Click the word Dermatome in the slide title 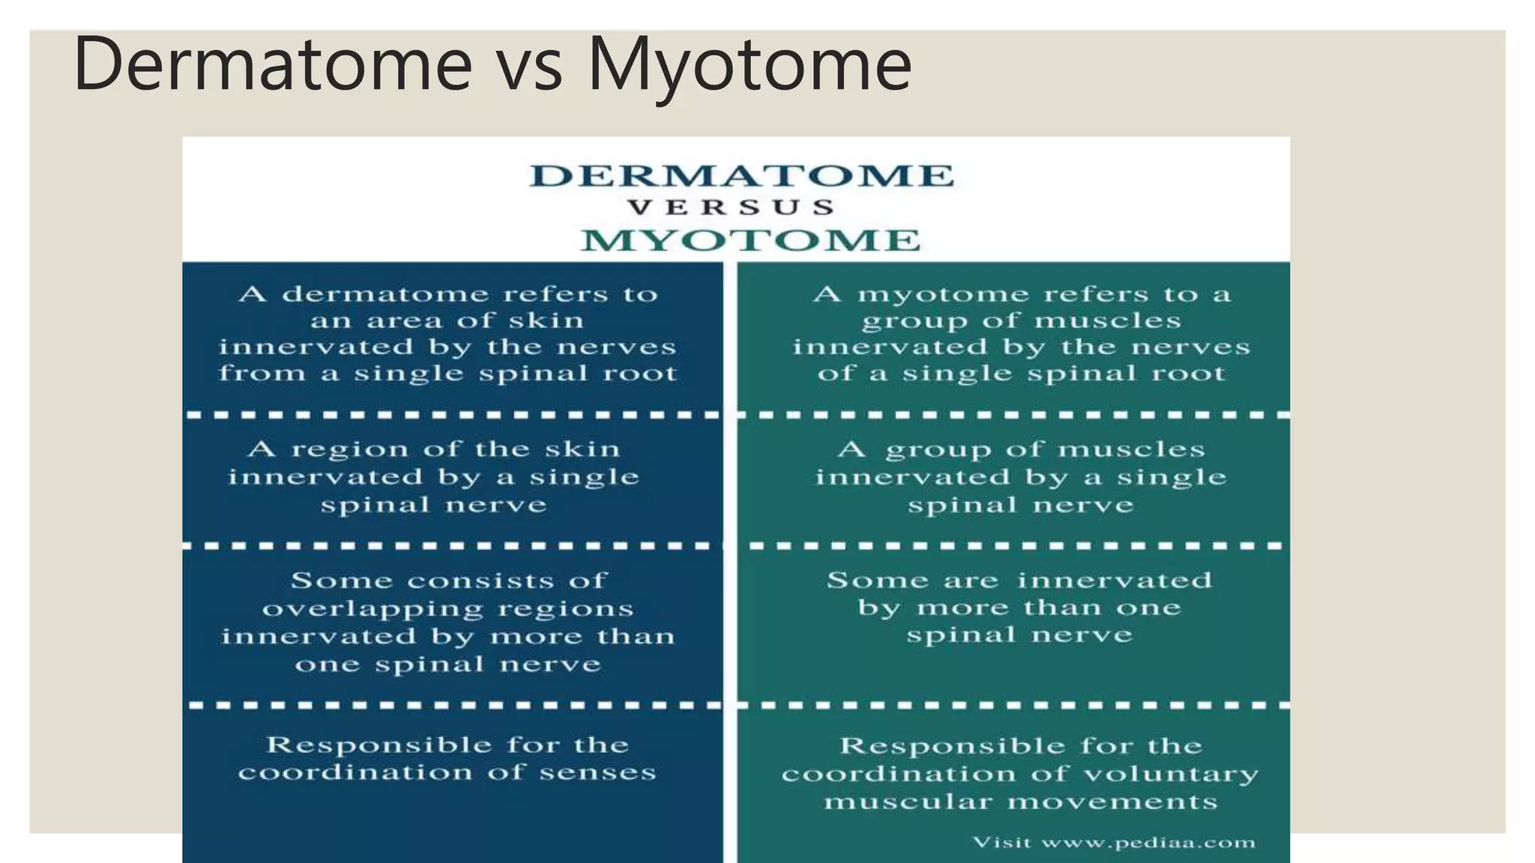pos(273,64)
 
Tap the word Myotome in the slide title pos(749,65)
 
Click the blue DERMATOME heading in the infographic pos(741,176)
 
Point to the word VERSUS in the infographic pos(731,208)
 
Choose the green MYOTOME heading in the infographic pos(750,240)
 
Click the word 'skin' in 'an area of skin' pos(546,321)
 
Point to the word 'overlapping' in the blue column pos(373,609)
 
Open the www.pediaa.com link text pos(1148,844)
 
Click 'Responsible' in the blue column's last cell pos(378,745)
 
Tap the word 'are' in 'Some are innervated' pos(971,581)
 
